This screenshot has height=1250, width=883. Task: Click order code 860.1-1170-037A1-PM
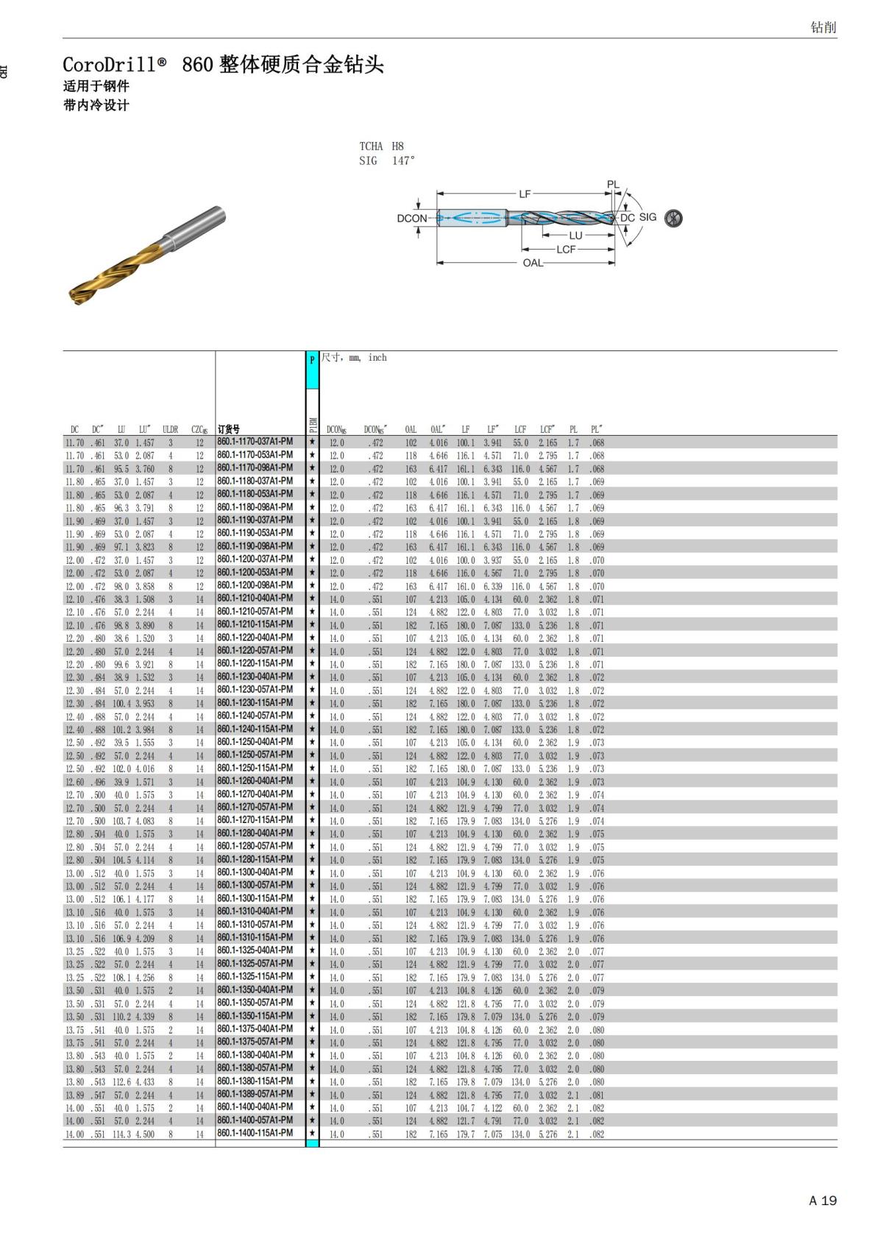click(255, 442)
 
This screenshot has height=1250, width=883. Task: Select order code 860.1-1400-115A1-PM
click(255, 1133)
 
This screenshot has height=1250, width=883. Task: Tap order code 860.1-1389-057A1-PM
click(255, 1094)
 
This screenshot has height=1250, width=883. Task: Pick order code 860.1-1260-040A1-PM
click(255, 780)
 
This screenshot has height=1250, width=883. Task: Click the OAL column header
click(411, 429)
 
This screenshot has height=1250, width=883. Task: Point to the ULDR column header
click(170, 429)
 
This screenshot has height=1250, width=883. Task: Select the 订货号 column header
click(229, 429)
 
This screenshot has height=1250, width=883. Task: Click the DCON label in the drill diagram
click(411, 218)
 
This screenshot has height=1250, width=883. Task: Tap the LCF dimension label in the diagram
click(566, 249)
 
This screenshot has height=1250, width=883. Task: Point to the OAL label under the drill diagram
click(533, 262)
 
